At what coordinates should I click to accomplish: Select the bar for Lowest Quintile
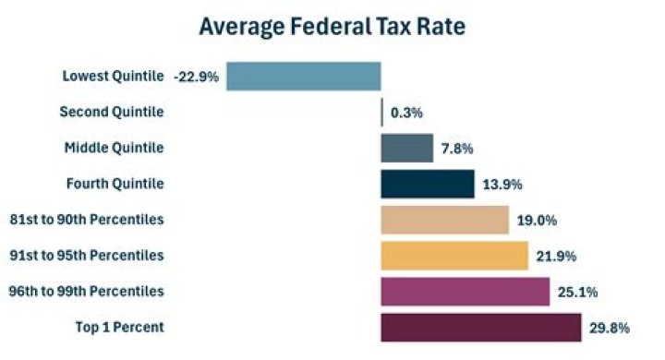[x=304, y=76]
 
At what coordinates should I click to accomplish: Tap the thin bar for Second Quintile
[x=382, y=112]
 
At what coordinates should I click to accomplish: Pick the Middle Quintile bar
[x=406, y=148]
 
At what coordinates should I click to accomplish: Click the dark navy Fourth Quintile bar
[x=427, y=184]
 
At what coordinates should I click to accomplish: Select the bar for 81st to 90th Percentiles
[x=444, y=220]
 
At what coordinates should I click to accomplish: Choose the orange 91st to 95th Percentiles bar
[x=453, y=256]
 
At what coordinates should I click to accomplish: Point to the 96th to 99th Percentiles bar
[x=465, y=292]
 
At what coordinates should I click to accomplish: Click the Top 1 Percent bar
[x=480, y=327]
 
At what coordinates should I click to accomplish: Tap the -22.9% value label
[x=196, y=77]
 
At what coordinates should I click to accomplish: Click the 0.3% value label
[x=406, y=113]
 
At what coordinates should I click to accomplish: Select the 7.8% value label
[x=458, y=149]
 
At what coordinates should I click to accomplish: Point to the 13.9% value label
[x=502, y=185]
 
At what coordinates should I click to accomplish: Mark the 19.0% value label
[x=537, y=221]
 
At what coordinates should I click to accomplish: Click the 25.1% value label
[x=577, y=293]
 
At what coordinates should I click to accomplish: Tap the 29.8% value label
[x=609, y=328]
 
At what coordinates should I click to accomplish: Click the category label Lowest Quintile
[x=113, y=76]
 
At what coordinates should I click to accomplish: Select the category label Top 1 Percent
[x=118, y=327]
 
